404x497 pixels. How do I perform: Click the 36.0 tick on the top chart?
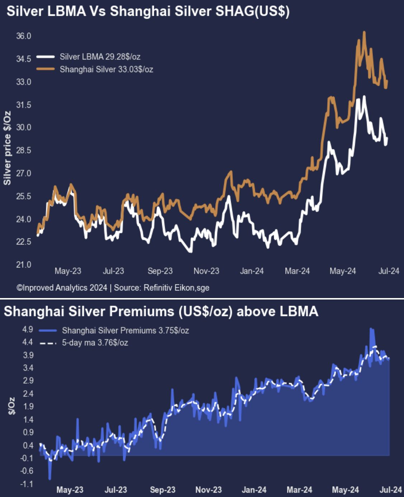tap(24, 36)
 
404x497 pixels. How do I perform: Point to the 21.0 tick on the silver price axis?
tap(24, 265)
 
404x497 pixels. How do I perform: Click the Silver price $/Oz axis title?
tap(7, 148)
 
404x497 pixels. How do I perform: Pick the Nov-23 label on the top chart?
tap(206, 271)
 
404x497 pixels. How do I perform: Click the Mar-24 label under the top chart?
tap(297, 271)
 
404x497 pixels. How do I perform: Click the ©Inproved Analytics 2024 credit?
tap(62, 288)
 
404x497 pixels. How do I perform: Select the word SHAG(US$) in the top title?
tap(252, 11)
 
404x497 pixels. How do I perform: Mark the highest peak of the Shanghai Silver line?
tap(364, 32)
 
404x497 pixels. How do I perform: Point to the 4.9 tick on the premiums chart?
tap(28, 329)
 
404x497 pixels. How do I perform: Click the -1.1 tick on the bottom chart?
tap(27, 484)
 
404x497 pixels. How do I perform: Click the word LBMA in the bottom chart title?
tap(299, 311)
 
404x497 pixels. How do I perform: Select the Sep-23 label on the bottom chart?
tap(163, 490)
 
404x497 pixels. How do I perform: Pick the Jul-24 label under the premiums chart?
tap(391, 490)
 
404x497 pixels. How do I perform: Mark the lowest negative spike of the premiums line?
tap(50, 479)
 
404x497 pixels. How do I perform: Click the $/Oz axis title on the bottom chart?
tap(12, 405)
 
